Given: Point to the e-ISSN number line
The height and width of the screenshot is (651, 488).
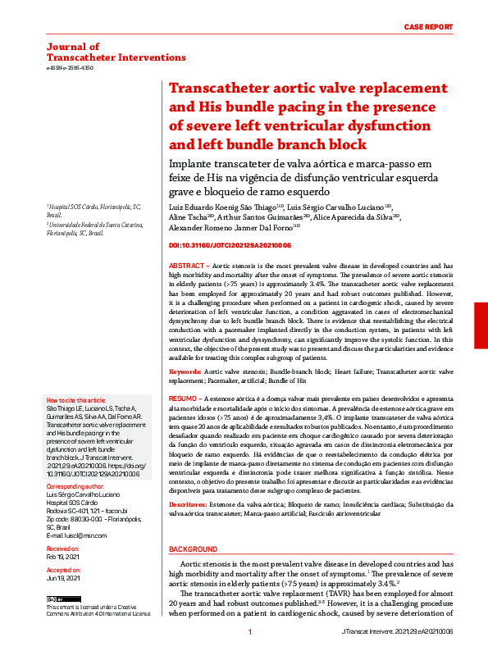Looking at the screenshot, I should click(x=71, y=68).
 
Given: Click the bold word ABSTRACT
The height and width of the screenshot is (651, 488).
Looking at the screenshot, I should click(x=188, y=267).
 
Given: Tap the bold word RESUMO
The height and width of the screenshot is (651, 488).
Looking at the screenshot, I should click(x=185, y=396).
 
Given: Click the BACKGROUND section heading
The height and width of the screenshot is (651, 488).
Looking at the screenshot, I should click(x=193, y=549).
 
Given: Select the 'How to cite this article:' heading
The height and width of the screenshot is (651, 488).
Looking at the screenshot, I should click(x=78, y=400).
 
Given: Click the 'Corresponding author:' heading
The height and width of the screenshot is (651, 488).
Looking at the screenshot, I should click(x=74, y=486).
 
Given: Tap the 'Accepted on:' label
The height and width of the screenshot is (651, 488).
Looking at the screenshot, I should click(x=63, y=569).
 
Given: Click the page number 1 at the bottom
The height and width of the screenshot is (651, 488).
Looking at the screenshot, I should click(x=249, y=632).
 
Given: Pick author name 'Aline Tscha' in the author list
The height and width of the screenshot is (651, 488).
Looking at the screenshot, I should click(x=189, y=217).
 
